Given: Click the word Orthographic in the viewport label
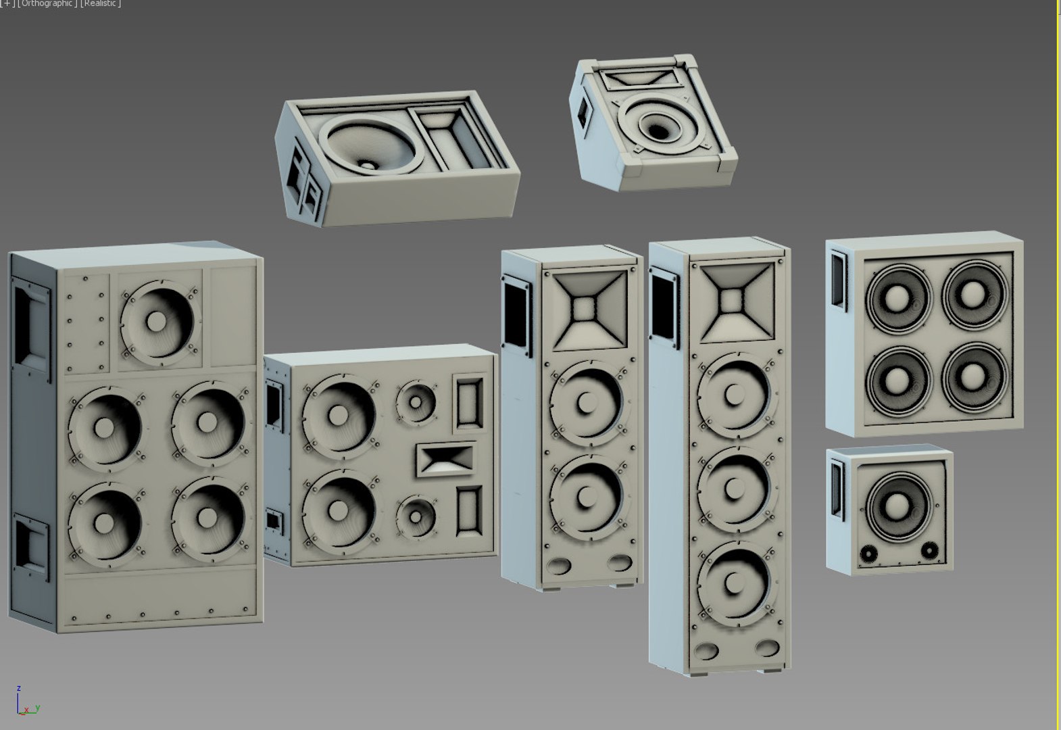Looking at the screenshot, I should point(47,3).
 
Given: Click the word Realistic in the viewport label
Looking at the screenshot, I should point(101,3).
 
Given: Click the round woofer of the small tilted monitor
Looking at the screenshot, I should point(658,122).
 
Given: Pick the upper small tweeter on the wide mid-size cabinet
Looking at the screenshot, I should point(415,402).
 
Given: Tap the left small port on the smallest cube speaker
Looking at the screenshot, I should point(867,555).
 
